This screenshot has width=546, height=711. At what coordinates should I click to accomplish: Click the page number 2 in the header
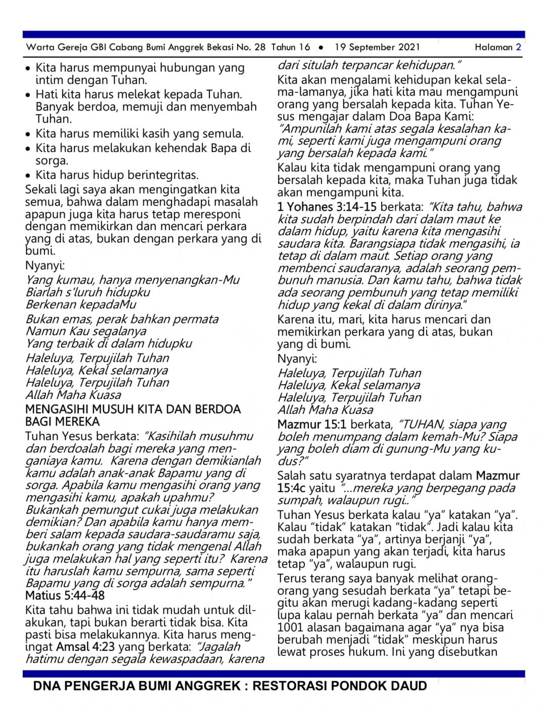[518, 47]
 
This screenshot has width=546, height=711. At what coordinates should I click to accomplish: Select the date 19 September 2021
[377, 47]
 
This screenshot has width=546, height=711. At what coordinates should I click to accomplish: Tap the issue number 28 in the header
[260, 47]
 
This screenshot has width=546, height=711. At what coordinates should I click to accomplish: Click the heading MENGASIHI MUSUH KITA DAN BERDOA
[133, 409]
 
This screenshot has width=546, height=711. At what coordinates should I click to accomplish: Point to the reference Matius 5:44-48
[65, 595]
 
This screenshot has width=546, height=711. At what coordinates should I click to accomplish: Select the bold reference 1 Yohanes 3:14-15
[327, 207]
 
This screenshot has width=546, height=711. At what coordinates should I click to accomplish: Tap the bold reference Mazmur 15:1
[309, 425]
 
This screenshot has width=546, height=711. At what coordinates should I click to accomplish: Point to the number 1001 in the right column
[290, 628]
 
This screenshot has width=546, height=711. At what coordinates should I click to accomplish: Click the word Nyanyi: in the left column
[44, 265]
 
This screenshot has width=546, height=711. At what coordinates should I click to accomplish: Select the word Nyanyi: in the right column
[297, 359]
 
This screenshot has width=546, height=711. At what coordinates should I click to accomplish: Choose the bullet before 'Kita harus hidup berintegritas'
[28, 176]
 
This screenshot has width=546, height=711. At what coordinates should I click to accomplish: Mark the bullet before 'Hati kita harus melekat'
[28, 95]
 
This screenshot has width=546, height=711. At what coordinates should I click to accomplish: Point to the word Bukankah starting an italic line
[53, 510]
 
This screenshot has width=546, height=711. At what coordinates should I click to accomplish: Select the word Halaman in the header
[493, 47]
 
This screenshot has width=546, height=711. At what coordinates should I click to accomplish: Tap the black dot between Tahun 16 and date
[321, 47]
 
